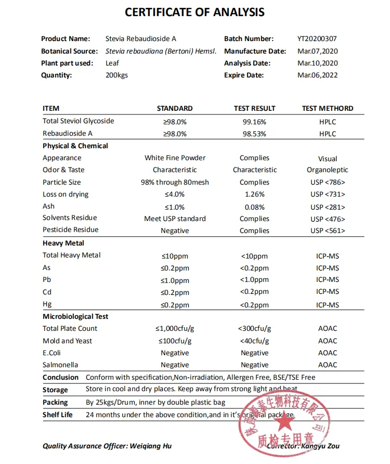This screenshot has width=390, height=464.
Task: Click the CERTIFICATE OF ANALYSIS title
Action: (195, 12)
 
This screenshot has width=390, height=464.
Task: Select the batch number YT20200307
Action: (317, 38)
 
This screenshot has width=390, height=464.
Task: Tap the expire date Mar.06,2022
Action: (317, 75)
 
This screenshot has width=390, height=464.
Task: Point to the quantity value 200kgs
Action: (116, 75)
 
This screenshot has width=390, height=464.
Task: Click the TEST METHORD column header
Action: (327, 108)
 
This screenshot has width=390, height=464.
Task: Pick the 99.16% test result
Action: (254, 122)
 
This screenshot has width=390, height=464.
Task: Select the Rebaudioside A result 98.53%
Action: (254, 134)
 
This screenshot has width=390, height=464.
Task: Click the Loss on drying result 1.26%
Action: (254, 194)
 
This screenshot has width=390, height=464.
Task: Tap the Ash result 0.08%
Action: (254, 207)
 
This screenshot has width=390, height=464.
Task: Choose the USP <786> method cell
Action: (328, 182)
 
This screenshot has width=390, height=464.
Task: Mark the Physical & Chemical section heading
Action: (75, 146)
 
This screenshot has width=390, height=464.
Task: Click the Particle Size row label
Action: (61, 182)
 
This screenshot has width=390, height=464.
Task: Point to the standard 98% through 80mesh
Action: (175, 182)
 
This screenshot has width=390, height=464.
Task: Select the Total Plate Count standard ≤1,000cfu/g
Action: (175, 329)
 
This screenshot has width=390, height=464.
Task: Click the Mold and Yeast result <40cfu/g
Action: (254, 341)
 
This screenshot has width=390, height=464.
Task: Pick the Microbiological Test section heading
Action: (75, 316)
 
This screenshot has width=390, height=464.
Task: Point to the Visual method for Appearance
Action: (328, 159)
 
